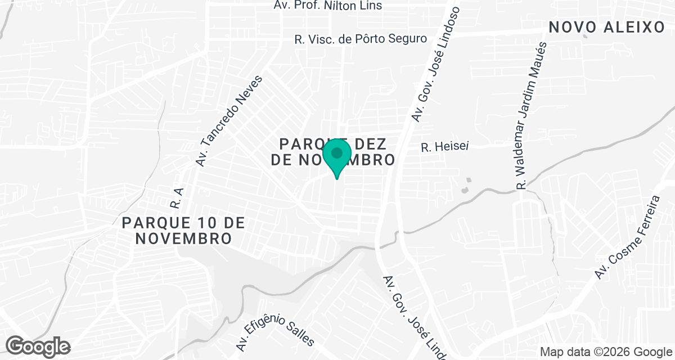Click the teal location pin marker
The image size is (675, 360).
click(x=337, y=158)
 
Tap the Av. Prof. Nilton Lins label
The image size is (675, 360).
click(x=328, y=6)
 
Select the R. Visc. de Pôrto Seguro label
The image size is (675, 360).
click(x=361, y=39)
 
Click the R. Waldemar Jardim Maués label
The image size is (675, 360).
click(x=531, y=115)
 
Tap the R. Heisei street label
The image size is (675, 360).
click(x=445, y=147)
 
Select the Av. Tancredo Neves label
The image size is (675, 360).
click(x=229, y=121)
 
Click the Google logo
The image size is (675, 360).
click(x=38, y=345)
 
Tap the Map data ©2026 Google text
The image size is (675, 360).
click(x=605, y=352)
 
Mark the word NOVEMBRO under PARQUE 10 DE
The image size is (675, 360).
click(x=183, y=238)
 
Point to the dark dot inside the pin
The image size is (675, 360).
click(x=337, y=152)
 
